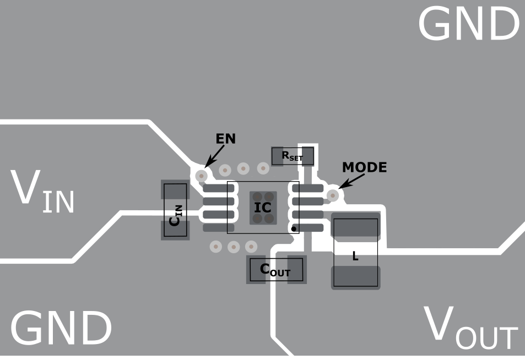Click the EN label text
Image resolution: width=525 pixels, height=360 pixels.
click(x=225, y=139)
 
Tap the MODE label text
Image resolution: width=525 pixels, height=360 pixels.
click(x=364, y=167)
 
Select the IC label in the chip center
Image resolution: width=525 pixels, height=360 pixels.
click(x=263, y=208)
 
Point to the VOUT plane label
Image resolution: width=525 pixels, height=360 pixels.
click(x=470, y=328)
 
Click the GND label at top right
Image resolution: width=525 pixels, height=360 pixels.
click(x=468, y=25)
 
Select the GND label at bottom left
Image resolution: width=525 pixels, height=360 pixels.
click(x=61, y=329)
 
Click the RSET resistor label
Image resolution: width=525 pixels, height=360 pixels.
click(x=292, y=156)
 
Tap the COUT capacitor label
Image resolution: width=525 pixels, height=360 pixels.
click(x=275, y=270)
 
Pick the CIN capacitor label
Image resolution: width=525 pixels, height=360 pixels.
click(x=175, y=215)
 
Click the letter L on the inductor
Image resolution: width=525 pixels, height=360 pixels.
click(x=355, y=257)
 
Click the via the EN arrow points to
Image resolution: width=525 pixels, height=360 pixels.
click(x=202, y=176)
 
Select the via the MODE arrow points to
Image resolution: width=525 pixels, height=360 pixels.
click(x=332, y=195)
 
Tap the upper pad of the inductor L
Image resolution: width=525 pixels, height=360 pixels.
click(x=355, y=226)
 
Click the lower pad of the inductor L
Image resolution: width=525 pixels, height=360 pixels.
click(x=355, y=276)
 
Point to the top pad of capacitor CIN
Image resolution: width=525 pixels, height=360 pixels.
click(x=175, y=191)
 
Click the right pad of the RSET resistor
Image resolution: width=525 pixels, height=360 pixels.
click(x=307, y=156)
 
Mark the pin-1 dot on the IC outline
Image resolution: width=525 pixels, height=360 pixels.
click(x=294, y=228)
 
